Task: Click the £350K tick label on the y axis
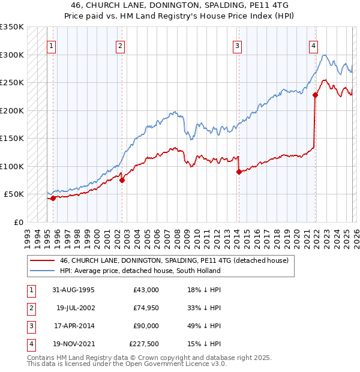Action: tap(12, 27)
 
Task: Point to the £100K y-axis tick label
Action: tap(12, 166)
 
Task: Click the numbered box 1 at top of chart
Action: tap(51, 45)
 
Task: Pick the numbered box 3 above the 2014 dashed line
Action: tap(238, 45)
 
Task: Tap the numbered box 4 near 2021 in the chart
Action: tap(313, 45)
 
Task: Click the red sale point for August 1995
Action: tap(53, 198)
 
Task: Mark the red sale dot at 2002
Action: tap(122, 180)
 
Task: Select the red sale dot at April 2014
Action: tap(239, 172)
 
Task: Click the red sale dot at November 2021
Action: tap(315, 94)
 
